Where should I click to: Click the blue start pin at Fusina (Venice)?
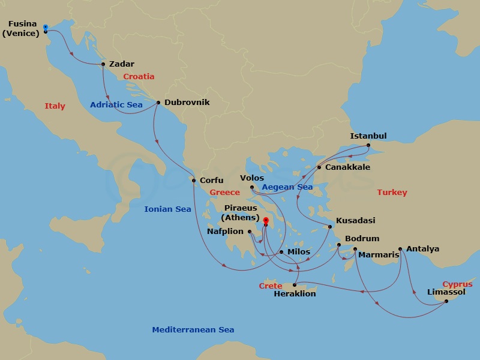click(46, 28)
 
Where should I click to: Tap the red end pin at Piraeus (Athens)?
click(265, 220)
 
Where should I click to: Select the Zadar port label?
click(122, 64)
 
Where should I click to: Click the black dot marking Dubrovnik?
click(158, 102)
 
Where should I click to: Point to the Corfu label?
click(211, 180)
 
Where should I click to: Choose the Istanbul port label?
click(368, 136)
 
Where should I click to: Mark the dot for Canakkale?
click(319, 167)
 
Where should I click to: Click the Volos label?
click(252, 178)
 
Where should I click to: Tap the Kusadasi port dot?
click(329, 227)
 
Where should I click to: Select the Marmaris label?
click(379, 255)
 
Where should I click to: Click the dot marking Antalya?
click(400, 248)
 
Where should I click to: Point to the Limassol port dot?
click(447, 301)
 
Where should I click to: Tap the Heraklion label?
click(295, 294)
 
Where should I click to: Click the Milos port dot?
click(281, 251)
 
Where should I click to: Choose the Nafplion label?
click(225, 231)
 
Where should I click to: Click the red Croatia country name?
click(139, 77)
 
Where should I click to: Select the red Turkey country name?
click(392, 193)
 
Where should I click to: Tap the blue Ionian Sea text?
click(167, 209)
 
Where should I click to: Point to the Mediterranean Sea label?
click(193, 330)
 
